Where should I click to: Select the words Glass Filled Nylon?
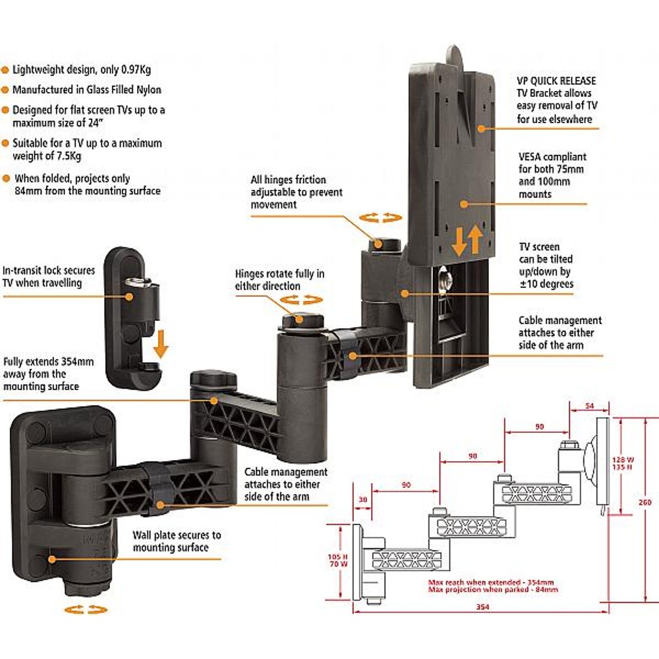123,90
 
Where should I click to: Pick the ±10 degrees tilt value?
546,283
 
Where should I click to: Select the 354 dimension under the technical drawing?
482,607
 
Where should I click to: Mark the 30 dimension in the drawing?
361,499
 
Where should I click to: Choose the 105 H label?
337,556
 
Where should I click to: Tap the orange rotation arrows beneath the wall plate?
85,610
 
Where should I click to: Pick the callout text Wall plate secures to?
177,535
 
